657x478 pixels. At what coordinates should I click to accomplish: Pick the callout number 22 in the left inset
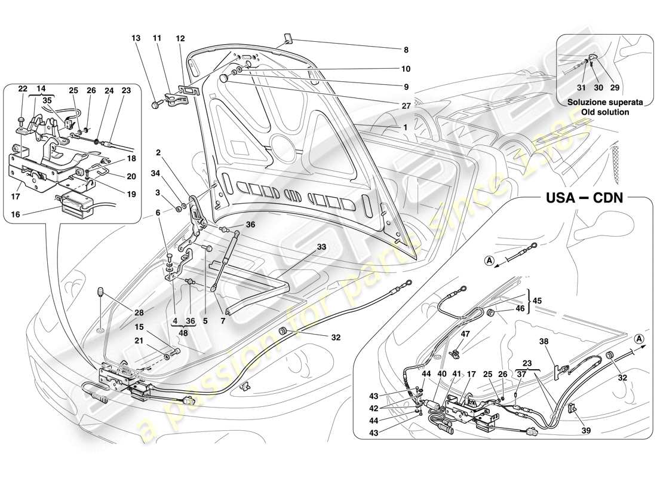22,89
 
